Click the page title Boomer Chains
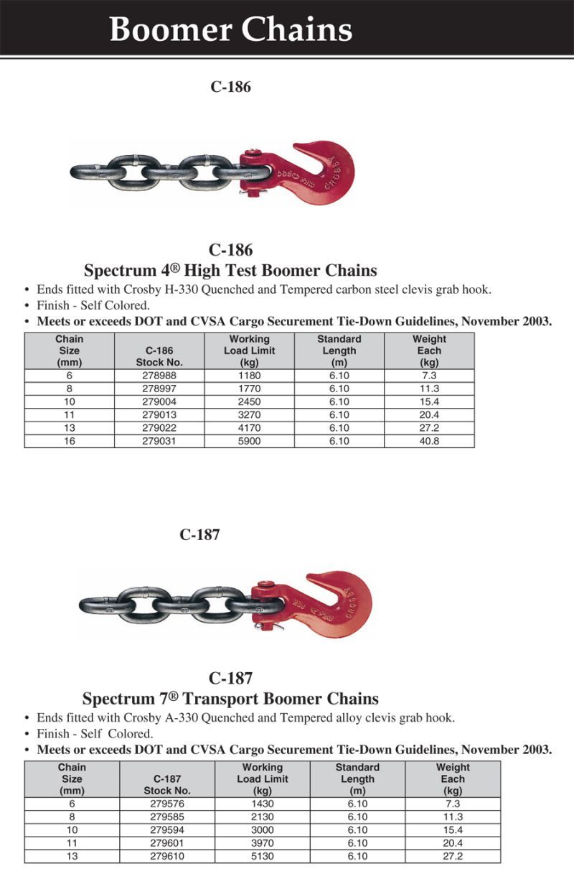(x=230, y=30)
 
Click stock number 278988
(x=159, y=375)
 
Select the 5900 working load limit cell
(x=249, y=441)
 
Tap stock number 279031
(x=159, y=441)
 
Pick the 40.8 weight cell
(x=429, y=441)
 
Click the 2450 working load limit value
(x=249, y=401)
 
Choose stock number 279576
(x=166, y=804)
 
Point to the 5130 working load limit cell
(x=262, y=856)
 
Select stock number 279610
(x=166, y=856)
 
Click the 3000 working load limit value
(x=262, y=830)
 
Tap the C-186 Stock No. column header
(x=159, y=357)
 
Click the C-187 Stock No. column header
(x=166, y=784)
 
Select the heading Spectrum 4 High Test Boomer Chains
(x=230, y=271)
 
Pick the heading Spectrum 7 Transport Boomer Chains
(x=230, y=698)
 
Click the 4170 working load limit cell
(x=249, y=428)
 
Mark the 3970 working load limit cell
(x=262, y=843)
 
